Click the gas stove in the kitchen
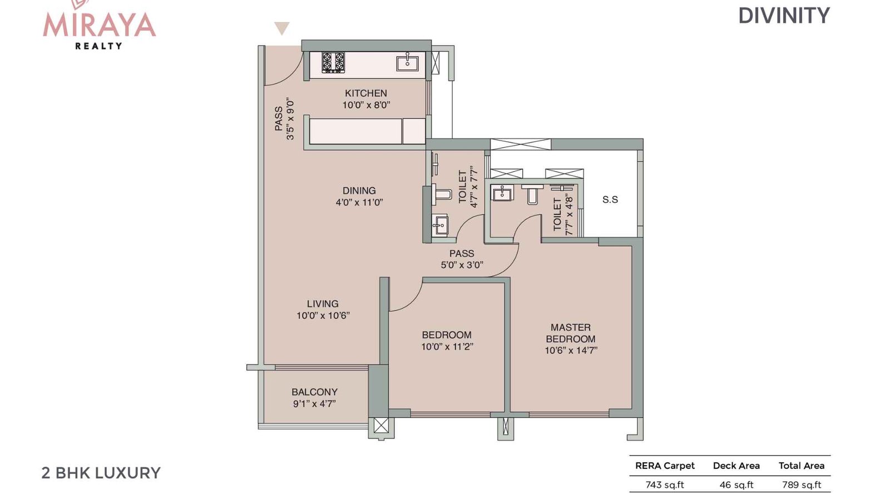click(x=333, y=62)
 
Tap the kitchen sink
click(x=407, y=63)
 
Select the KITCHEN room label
click(x=365, y=93)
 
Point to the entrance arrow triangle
click(x=282, y=28)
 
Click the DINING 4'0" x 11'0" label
click(x=359, y=197)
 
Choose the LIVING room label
click(x=323, y=304)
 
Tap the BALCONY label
click(x=314, y=392)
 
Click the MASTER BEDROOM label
click(x=570, y=333)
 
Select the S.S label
click(x=610, y=199)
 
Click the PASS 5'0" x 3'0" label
click(x=462, y=260)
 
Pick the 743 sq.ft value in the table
click(x=664, y=485)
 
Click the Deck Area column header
click(x=736, y=466)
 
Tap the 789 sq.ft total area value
click(x=801, y=485)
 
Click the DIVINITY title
click(x=784, y=16)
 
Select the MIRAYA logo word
click(x=99, y=25)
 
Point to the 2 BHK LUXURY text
click(x=101, y=473)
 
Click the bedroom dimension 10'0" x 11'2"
click(x=447, y=347)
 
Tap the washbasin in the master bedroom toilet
click(x=502, y=193)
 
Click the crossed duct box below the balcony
click(x=381, y=426)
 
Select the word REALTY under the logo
click(x=98, y=46)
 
